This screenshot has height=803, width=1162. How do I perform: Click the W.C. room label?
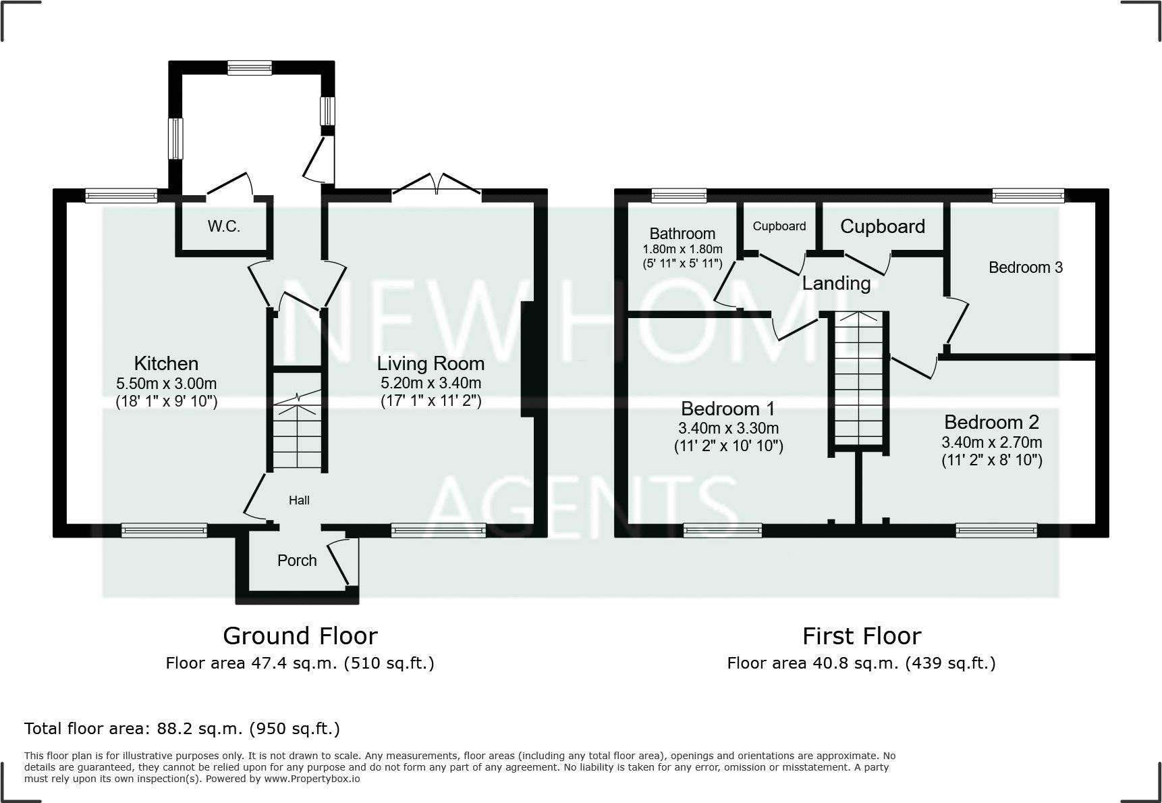tap(224, 226)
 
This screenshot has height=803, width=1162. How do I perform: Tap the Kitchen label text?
tap(166, 363)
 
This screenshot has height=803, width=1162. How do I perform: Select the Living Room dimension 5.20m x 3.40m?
tap(431, 384)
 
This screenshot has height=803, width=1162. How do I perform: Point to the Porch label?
tap(297, 561)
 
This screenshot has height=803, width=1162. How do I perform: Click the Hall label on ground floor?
tap(299, 500)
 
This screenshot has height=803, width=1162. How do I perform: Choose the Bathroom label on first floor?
tap(682, 234)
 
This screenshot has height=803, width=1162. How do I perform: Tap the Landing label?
tap(836, 284)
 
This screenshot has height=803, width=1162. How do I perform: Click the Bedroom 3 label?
tap(1026, 267)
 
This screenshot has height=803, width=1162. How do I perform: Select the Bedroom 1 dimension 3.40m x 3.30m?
tap(729, 428)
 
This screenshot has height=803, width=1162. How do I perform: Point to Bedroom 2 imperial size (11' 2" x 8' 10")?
tap(992, 461)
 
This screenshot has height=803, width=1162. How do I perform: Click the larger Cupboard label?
tap(883, 227)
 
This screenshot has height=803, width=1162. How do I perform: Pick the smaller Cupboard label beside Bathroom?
tap(779, 226)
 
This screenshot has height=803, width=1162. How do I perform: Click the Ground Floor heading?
tap(300, 636)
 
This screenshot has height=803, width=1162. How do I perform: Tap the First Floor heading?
tap(862, 636)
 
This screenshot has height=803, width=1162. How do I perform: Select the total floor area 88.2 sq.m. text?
tap(182, 729)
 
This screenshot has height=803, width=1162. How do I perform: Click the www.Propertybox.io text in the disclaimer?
tap(312, 779)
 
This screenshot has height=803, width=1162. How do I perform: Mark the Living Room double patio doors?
tap(437, 186)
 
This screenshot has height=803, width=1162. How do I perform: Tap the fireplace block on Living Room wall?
tap(527, 360)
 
